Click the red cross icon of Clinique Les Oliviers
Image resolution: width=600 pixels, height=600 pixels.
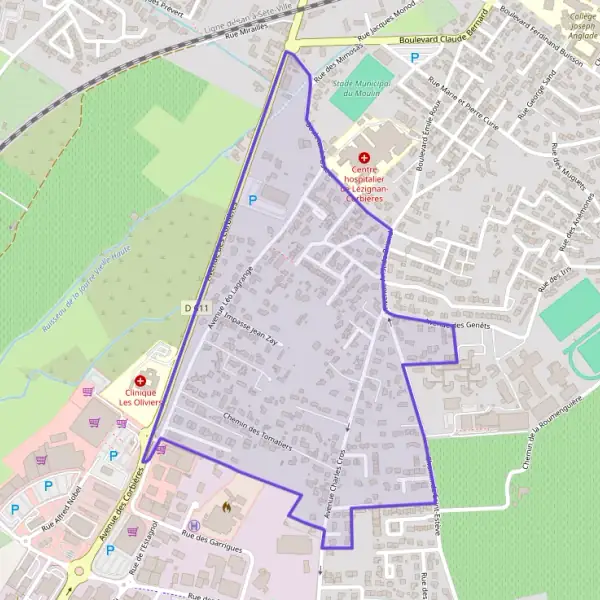coord(139,381)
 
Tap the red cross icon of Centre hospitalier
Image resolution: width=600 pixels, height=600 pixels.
coord(364,158)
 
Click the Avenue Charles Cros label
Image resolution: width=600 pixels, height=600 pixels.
coord(340,474)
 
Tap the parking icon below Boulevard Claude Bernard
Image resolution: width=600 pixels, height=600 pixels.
coord(415,58)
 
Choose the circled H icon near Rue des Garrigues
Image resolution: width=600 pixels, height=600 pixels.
coord(194,525)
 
